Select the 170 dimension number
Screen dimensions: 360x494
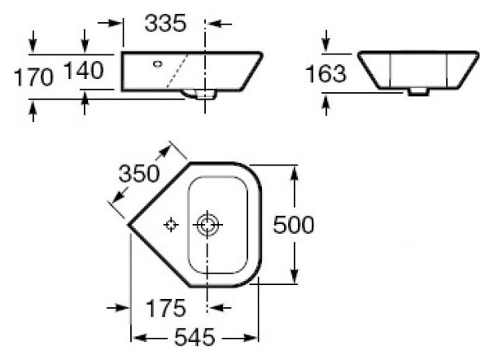click(x=33, y=77)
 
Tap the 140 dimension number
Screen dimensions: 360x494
click(x=84, y=72)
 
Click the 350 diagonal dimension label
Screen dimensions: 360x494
click(x=138, y=175)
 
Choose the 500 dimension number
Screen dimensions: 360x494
click(x=292, y=224)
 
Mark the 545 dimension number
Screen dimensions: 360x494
click(x=194, y=338)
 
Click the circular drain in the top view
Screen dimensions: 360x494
click(x=207, y=224)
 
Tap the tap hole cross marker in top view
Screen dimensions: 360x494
click(x=170, y=225)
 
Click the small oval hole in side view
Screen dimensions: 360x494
click(x=158, y=62)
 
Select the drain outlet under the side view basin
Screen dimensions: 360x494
click(x=201, y=96)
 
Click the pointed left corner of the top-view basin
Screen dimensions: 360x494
click(x=128, y=222)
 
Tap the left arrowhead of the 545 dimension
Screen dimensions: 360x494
click(x=137, y=338)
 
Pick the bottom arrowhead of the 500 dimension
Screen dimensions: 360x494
click(x=292, y=278)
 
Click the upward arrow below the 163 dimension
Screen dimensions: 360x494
click(x=327, y=102)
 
